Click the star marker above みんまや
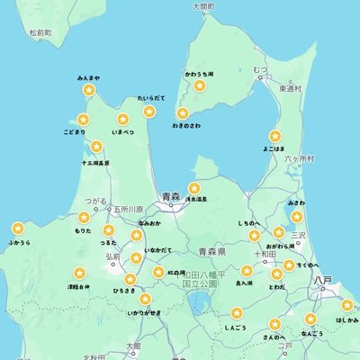click(88, 90)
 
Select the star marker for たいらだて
click(148, 110)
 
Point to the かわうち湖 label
click(200, 72)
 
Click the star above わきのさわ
click(183, 113)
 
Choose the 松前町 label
click(40, 32)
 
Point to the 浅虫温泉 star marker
click(193, 187)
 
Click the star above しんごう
click(237, 313)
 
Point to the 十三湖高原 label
click(95, 163)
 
